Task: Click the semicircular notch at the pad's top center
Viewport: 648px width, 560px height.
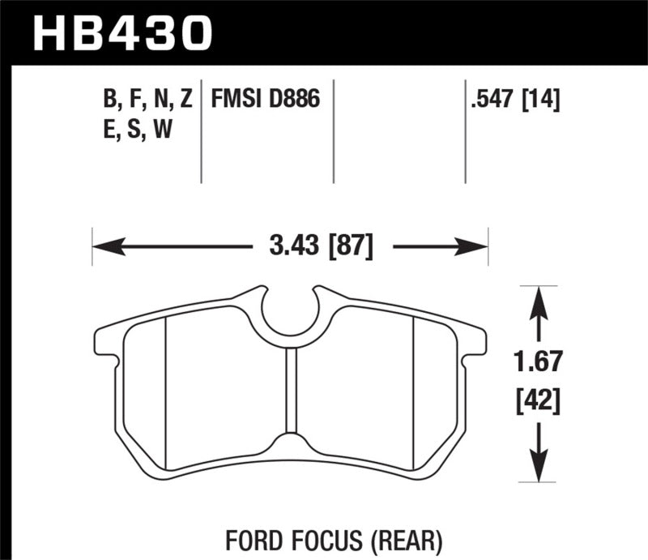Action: tap(290, 312)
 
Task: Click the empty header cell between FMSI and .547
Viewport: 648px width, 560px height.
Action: tap(399, 130)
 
